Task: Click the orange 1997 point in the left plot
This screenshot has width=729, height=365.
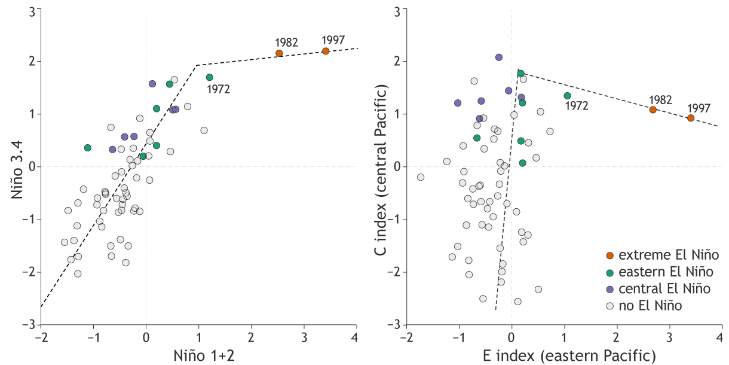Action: [x=326, y=51]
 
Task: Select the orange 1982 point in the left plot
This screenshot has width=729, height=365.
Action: [x=279, y=53]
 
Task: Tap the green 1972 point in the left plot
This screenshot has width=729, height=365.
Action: [x=209, y=77]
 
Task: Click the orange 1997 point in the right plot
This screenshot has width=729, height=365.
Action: [x=691, y=118]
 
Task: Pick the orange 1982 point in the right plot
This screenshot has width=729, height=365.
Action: [x=653, y=109]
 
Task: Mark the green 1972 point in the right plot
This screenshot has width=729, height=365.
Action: [x=567, y=96]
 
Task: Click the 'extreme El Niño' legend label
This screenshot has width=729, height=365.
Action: [x=668, y=255]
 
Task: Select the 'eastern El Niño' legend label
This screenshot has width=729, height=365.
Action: [x=666, y=272]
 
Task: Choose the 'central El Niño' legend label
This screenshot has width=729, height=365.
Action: [x=664, y=289]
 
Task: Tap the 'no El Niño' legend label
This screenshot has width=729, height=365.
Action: [x=650, y=306]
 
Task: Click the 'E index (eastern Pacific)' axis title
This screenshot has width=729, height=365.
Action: [x=562, y=353]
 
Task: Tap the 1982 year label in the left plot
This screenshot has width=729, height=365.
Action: [x=287, y=42]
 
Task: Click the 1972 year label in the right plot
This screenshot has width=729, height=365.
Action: [x=577, y=106]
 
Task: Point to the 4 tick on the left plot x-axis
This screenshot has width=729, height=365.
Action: [x=357, y=336]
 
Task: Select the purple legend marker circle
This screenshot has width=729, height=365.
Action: [x=609, y=289]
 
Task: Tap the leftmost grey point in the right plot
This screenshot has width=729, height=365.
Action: [x=421, y=177]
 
